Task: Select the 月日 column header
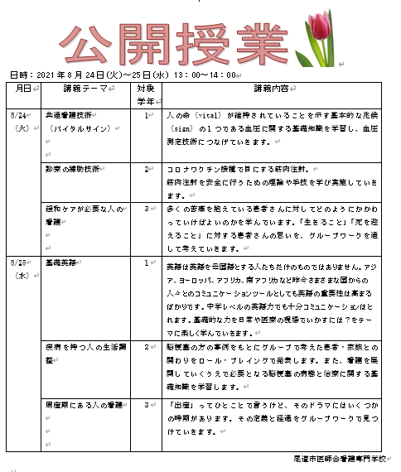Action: (22, 88)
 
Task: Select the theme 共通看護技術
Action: (69, 117)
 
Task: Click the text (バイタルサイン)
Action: (75, 129)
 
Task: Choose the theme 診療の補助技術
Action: (72, 169)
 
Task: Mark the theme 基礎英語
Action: (60, 262)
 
